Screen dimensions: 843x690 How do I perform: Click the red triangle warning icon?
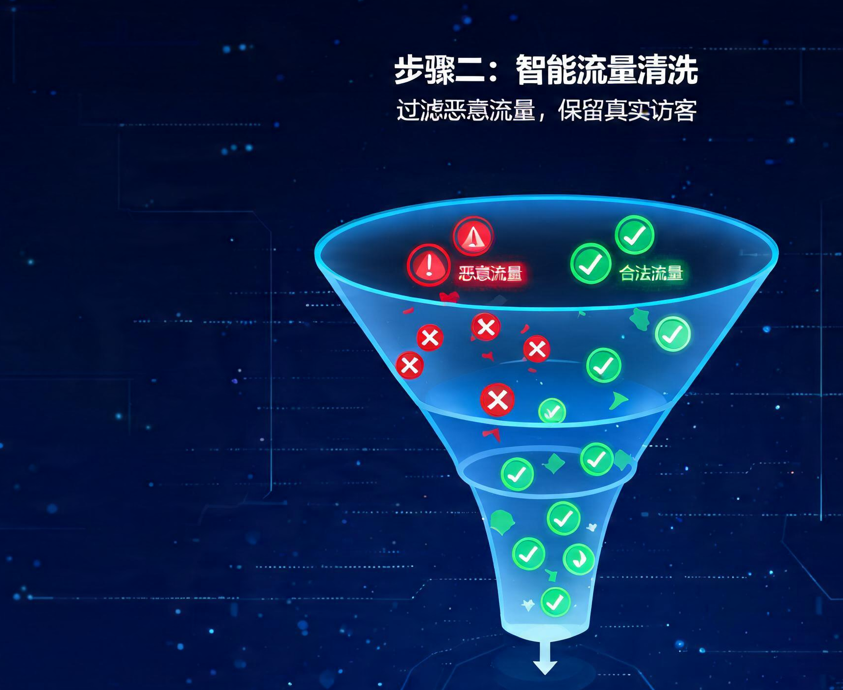tap(473, 237)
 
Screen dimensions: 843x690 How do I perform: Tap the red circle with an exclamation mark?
tap(429, 265)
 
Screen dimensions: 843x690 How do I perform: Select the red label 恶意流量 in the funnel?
tap(490, 273)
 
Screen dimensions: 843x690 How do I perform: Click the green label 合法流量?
tap(651, 273)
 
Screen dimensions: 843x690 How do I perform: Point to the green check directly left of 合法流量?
tap(591, 264)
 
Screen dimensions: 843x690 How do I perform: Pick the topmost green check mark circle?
tap(635, 235)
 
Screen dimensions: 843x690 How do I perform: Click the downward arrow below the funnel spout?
tap(545, 658)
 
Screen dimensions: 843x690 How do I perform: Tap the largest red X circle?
tap(497, 400)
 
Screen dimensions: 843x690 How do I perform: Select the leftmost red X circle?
tap(410, 365)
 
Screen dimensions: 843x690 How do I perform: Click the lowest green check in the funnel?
tap(555, 601)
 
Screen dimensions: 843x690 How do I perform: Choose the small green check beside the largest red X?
tap(552, 412)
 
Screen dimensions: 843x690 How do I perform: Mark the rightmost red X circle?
tap(537, 349)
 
